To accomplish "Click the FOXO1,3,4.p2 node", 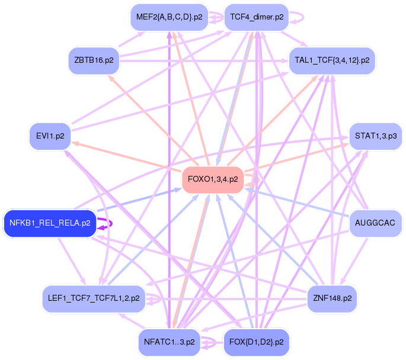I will pyautogui.click(x=213, y=178).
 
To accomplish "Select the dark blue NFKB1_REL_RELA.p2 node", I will pyautogui.click(x=50, y=223).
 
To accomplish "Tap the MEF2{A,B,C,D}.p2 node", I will pyautogui.click(x=169, y=17).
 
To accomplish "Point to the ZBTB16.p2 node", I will pyautogui.click(x=94, y=60).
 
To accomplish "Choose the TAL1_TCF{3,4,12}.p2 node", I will pyautogui.click(x=332, y=60).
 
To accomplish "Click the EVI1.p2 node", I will pyautogui.click(x=51, y=136).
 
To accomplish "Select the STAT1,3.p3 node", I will pyautogui.click(x=376, y=136).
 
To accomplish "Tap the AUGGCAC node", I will pyautogui.click(x=376, y=223).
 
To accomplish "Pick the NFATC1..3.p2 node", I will pyautogui.click(x=169, y=342).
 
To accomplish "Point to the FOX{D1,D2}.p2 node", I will pyautogui.click(x=257, y=342).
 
